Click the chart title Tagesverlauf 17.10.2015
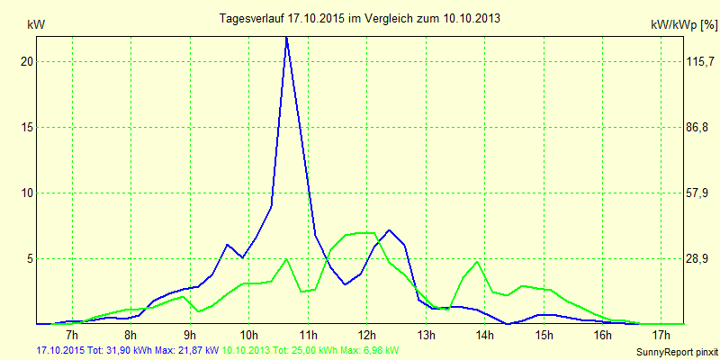[x=360, y=18]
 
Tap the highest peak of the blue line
[x=286, y=38]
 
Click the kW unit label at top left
[x=36, y=25]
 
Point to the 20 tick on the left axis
[x=27, y=61]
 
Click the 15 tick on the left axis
[x=27, y=127]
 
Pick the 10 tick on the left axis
[x=27, y=193]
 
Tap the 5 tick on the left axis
[x=30, y=258]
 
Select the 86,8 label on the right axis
[x=697, y=127]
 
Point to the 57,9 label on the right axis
[x=697, y=193]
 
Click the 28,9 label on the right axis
[x=697, y=258]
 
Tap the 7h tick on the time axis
[x=72, y=335]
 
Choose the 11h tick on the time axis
[x=309, y=335]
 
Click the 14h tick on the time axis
[x=485, y=335]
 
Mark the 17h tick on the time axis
[x=661, y=335]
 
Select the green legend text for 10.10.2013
[x=310, y=349]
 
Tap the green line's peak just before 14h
[x=477, y=262]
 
